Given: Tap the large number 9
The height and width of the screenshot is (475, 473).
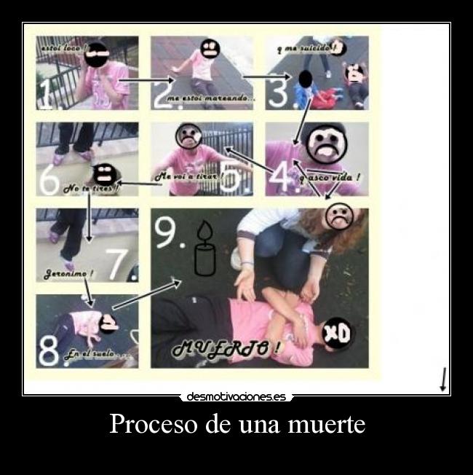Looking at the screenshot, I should pyautogui.click(x=167, y=235).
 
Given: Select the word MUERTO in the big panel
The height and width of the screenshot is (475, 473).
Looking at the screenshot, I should pyautogui.click(x=226, y=349).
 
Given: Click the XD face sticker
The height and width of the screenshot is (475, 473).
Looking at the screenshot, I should pyautogui.click(x=336, y=333).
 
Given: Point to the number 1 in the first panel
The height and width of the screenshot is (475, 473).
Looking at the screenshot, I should pyautogui.click(x=47, y=95).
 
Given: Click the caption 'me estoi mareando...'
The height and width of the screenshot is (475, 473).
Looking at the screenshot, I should pyautogui.click(x=211, y=98).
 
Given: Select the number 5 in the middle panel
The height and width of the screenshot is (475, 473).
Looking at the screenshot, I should pyautogui.click(x=231, y=179).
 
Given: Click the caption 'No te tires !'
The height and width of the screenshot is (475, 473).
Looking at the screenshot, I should pyautogui.click(x=92, y=189).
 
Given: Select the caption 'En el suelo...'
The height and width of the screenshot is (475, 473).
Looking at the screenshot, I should pyautogui.click(x=97, y=355).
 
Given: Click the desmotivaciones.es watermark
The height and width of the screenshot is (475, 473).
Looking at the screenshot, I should pyautogui.click(x=236, y=397).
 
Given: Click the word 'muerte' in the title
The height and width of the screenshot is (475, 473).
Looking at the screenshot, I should pyautogui.click(x=327, y=424).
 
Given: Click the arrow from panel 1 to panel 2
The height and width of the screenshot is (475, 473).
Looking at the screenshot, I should pyautogui.click(x=146, y=79).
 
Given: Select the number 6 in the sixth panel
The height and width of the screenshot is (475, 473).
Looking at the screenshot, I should pyautogui.click(x=49, y=181).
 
